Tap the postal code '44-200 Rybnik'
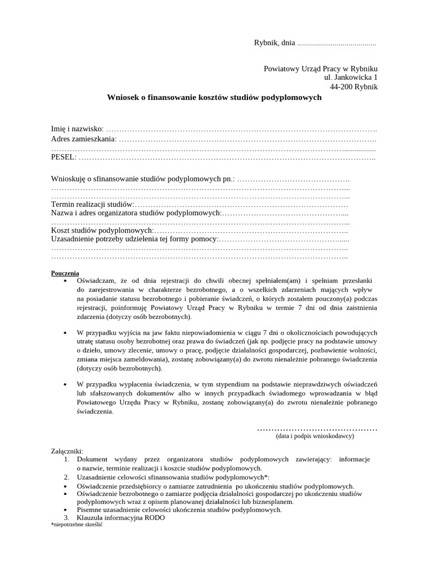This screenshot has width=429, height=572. point(354,87)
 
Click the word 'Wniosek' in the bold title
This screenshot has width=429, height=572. point(121,97)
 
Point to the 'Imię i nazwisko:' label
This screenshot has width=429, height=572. point(77,130)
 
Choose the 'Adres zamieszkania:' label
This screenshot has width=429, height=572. point(84,139)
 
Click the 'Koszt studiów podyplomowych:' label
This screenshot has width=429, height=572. point(102,230)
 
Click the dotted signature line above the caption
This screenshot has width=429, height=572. point(317,429)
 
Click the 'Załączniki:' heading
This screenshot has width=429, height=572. point(67,450)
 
